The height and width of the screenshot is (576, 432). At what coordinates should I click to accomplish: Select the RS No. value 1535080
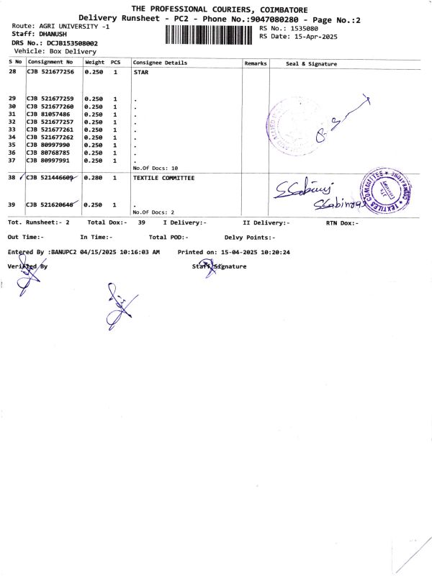coord(303,28)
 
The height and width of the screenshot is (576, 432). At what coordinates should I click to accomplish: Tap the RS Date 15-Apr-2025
coord(311,36)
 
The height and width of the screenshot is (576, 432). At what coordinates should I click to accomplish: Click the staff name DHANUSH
coord(53,35)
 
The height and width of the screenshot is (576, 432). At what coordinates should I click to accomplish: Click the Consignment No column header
coord(50,63)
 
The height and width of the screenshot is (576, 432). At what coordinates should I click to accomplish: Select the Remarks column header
coord(256,63)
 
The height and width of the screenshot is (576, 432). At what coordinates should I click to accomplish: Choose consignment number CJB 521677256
coord(50,73)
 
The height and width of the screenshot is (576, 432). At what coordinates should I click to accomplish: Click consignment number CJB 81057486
coord(48,114)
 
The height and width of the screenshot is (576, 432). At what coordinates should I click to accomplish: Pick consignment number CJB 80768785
coord(48,153)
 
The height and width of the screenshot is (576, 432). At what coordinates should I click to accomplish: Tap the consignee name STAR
coord(141,73)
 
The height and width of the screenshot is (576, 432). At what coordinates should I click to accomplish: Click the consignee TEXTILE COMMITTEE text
coord(163,177)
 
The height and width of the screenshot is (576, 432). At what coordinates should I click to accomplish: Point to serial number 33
coord(12,130)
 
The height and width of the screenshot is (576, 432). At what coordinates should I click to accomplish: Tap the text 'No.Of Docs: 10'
coord(156,168)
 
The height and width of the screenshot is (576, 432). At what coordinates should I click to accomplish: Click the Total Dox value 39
coord(142,222)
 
